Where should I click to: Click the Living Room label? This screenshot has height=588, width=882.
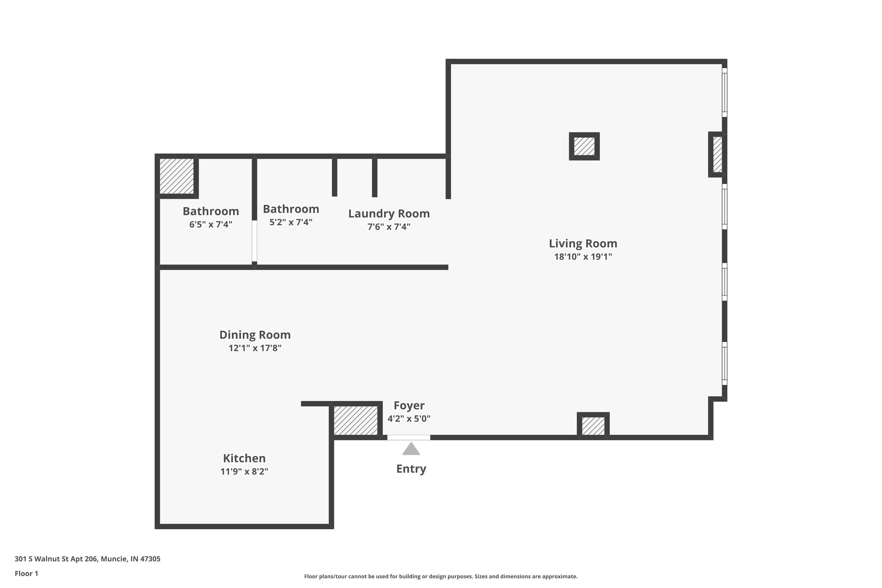click(x=583, y=243)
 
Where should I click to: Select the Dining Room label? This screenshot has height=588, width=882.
click(x=255, y=335)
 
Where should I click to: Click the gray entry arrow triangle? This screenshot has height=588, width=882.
click(x=411, y=449)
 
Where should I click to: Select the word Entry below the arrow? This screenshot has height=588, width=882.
click(x=411, y=469)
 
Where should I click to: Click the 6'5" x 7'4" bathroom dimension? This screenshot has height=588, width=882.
click(x=211, y=225)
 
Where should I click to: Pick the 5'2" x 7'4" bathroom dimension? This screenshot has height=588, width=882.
click(x=291, y=222)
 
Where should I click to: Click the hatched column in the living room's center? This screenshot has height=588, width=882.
click(x=584, y=146)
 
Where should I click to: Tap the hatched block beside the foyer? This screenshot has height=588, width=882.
click(x=355, y=420)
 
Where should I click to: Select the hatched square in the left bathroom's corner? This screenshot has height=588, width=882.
click(x=177, y=176)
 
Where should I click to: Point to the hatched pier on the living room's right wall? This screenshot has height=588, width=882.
click(x=717, y=155)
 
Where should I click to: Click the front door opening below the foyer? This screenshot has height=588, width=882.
click(x=408, y=437)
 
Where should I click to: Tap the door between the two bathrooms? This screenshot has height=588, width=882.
click(x=254, y=241)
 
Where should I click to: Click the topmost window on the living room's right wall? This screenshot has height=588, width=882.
click(x=724, y=92)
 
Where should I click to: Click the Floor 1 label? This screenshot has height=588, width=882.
click(x=26, y=573)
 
